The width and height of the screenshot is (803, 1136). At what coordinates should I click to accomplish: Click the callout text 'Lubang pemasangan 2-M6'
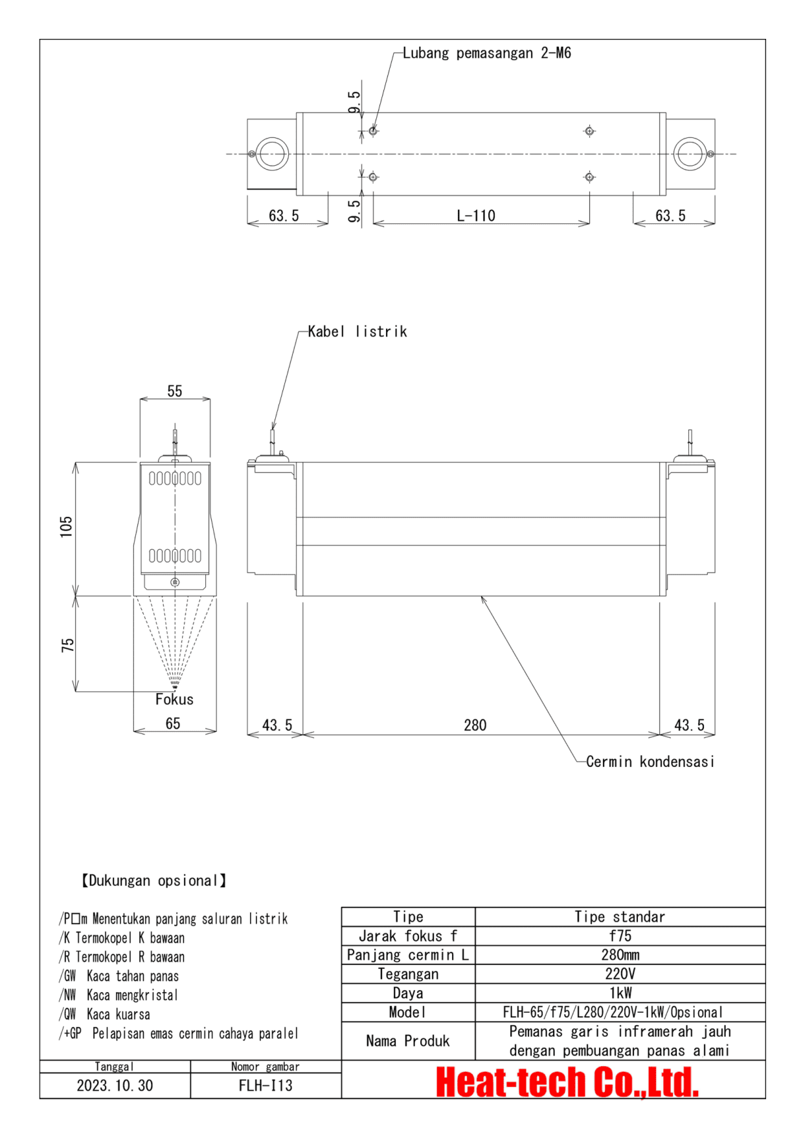(x=486, y=53)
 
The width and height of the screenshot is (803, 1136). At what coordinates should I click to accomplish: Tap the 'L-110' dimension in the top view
(x=476, y=216)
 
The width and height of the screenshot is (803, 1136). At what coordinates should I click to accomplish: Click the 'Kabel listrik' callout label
(x=357, y=332)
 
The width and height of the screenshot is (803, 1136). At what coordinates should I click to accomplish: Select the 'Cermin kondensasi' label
(x=650, y=762)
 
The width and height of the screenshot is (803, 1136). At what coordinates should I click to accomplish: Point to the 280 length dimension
(x=475, y=725)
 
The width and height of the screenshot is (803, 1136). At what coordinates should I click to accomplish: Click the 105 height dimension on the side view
(x=66, y=527)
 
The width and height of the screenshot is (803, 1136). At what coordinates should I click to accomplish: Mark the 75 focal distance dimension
(x=67, y=645)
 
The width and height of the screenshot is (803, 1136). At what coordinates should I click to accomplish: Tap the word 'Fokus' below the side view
(x=174, y=699)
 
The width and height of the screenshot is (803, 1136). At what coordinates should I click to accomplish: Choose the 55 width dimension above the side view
(x=175, y=391)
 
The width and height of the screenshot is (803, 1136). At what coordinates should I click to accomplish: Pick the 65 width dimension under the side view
(x=173, y=724)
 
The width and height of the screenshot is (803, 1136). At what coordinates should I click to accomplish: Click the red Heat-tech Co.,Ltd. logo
(x=567, y=1082)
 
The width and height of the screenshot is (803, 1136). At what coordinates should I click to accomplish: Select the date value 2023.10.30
(x=115, y=1086)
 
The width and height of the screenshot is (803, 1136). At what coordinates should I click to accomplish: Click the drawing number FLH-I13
(x=266, y=1086)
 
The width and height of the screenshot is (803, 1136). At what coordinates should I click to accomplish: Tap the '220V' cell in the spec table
(x=620, y=974)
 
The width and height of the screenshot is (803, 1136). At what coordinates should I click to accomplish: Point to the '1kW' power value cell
(x=620, y=993)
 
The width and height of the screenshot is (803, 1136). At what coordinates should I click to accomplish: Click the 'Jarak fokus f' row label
(x=408, y=936)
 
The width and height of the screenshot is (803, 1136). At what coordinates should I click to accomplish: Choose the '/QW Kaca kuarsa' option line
(x=105, y=1014)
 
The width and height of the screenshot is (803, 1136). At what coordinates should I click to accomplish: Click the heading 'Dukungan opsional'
(x=153, y=881)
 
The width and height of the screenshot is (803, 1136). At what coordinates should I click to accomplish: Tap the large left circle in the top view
(x=272, y=154)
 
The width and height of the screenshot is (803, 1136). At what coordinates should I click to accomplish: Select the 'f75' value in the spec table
(x=620, y=936)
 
